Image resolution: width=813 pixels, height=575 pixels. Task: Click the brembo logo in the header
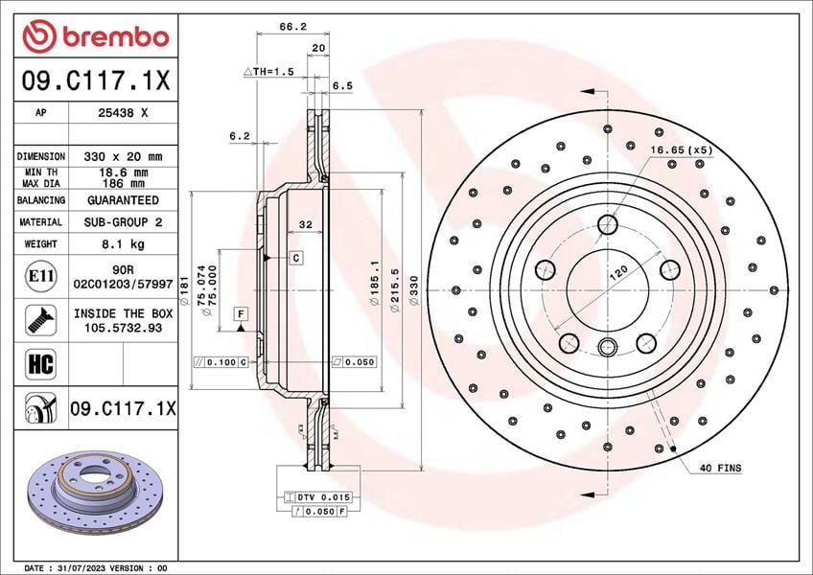(96, 36)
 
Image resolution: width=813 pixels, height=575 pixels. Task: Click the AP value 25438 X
(123, 112)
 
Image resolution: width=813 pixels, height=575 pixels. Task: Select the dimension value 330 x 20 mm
(123, 156)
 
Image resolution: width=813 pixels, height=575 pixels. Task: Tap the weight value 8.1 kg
(123, 243)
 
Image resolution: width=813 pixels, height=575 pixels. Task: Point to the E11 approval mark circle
(41, 276)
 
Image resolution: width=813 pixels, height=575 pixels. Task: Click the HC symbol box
(40, 363)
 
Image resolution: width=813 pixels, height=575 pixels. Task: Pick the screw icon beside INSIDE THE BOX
(40, 320)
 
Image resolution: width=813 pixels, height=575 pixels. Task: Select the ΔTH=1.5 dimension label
(268, 72)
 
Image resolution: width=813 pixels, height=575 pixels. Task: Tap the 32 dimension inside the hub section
(306, 224)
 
